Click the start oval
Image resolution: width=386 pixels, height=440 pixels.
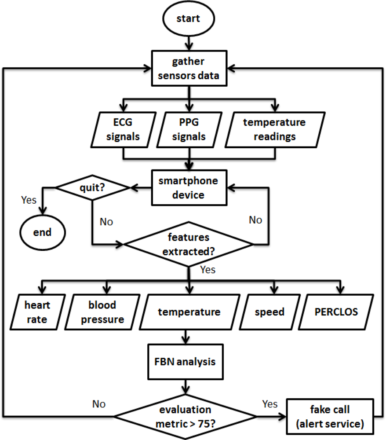click(188, 19)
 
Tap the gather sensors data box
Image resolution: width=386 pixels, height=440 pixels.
click(189, 69)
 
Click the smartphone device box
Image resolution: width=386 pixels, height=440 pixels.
click(189, 188)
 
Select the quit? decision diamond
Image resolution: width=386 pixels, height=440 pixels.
click(92, 188)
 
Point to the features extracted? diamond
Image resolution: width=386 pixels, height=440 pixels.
click(189, 244)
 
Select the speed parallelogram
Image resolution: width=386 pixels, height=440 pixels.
click(269, 312)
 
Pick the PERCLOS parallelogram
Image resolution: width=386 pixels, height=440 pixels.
click(336, 312)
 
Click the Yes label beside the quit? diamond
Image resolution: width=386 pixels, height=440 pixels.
click(29, 200)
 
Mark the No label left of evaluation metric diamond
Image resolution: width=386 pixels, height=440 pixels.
click(99, 403)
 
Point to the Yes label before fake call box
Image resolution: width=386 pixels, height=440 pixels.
click(269, 403)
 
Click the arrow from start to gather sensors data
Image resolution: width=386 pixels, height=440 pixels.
click(189, 43)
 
